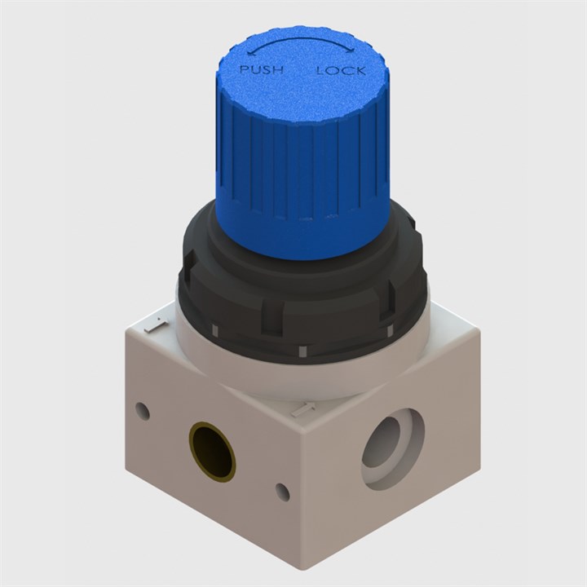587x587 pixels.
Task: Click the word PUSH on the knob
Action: (261, 70)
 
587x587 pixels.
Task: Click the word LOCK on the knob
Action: (341, 71)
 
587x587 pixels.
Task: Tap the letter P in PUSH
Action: (244, 71)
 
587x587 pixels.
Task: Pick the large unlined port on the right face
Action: (393, 448)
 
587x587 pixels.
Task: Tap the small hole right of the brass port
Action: (282, 492)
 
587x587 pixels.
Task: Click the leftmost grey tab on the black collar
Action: (214, 330)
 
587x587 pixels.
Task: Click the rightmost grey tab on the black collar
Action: (389, 329)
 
